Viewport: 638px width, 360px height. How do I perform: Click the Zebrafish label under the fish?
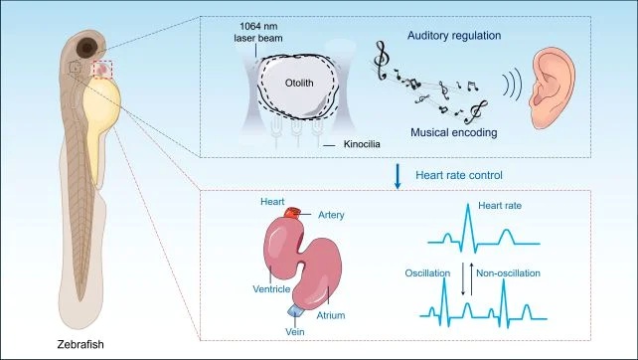(80, 344)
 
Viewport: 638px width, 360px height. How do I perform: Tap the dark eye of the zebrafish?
(87, 48)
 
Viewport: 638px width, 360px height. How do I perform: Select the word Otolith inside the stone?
(299, 84)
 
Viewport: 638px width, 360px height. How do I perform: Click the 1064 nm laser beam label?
(258, 32)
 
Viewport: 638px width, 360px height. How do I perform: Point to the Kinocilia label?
(362, 144)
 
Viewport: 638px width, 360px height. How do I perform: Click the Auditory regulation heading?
(454, 36)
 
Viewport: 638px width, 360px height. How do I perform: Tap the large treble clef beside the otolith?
(381, 61)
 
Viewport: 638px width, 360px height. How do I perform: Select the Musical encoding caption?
(454, 132)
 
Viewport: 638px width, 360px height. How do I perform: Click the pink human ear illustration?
(553, 86)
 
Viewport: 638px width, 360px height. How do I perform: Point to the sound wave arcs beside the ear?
(512, 83)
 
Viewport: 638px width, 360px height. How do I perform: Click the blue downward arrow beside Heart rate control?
(398, 176)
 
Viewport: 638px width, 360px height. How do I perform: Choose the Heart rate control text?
(459, 175)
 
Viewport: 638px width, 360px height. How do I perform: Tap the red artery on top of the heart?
(292, 212)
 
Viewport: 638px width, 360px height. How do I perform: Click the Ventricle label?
(271, 289)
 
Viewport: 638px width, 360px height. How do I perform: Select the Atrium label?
(331, 315)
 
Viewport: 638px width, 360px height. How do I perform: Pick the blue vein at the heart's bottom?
(294, 310)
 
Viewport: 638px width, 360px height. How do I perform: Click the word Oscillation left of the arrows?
(427, 273)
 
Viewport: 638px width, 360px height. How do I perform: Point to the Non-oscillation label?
(508, 273)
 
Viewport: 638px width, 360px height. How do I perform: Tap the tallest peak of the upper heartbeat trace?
(468, 204)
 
